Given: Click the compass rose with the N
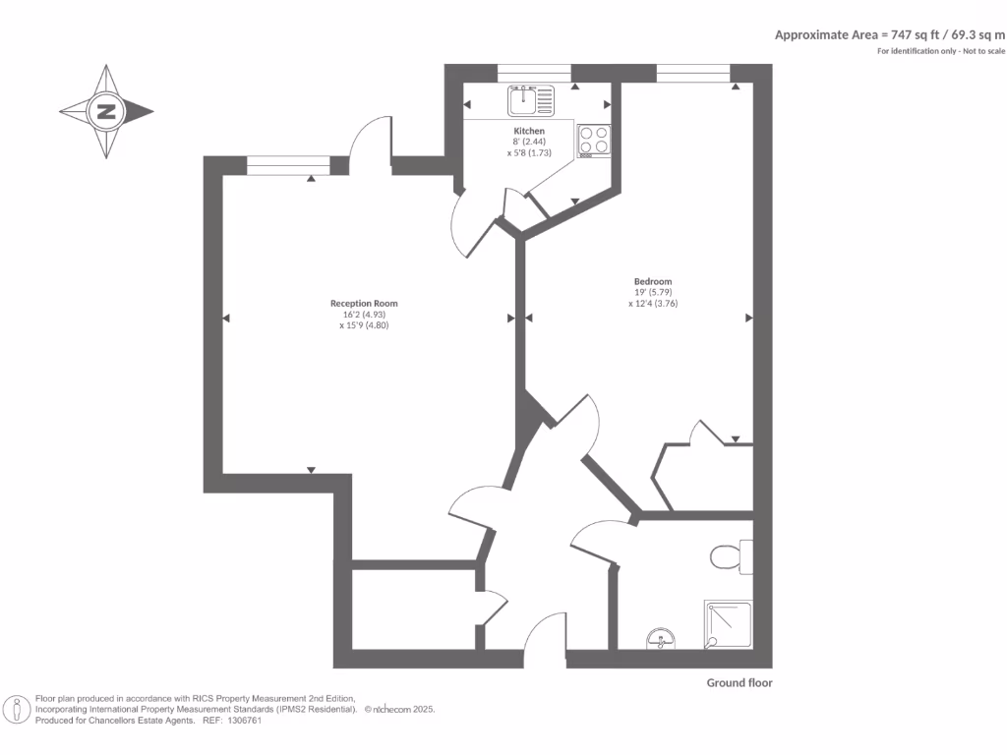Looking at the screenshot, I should (x=106, y=111).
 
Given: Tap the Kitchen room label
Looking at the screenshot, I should (x=529, y=131).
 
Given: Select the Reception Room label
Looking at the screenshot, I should (x=364, y=304).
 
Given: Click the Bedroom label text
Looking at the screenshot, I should (x=653, y=282).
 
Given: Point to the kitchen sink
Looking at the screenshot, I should (x=531, y=99).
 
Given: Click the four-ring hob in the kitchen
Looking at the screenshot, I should (x=593, y=141).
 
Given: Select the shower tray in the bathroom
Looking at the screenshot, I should (x=727, y=625).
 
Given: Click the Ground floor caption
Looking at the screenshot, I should (x=740, y=683).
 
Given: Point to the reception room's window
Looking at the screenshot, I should (x=287, y=165).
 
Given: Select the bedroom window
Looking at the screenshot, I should (x=693, y=72).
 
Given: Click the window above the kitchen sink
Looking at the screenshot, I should (x=534, y=72).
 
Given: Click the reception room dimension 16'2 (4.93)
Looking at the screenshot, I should (x=364, y=315).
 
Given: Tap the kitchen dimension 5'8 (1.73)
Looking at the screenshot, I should (x=529, y=153).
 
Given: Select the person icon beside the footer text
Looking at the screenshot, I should (x=17, y=709).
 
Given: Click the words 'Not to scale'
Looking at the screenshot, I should (x=983, y=50).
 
